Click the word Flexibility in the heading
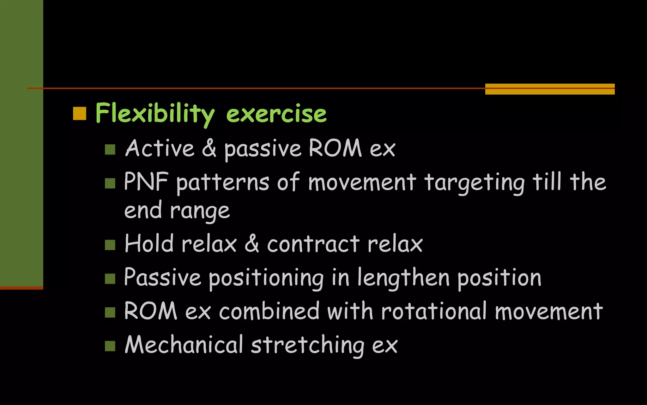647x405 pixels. pos(155,113)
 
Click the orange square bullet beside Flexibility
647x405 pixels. pos(80,114)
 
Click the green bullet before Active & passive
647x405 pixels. pos(110,149)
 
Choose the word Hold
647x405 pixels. pos(149,244)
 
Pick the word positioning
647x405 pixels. pos(266,278)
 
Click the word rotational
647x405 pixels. pos(434,311)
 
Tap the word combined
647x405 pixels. pos(269,311)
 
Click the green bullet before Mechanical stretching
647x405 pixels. pos(110,346)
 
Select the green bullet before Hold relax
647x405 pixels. pos(110,245)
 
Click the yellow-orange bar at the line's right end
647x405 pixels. pos(550,89)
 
